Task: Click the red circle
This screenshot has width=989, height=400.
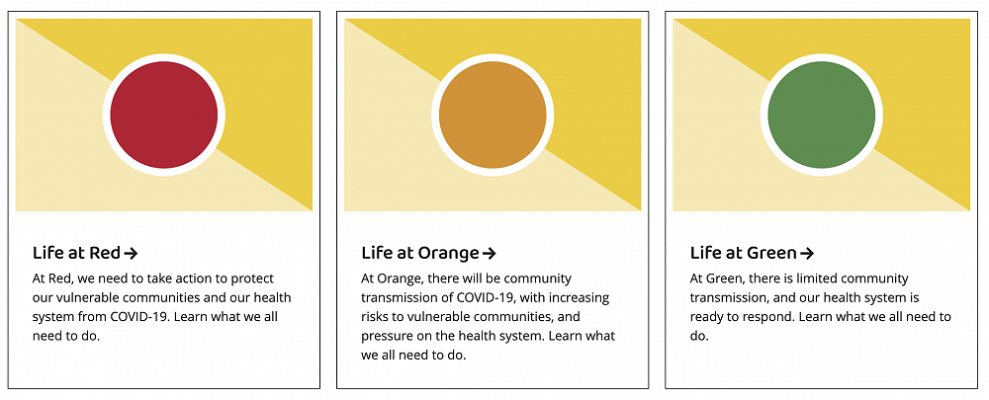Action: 164,115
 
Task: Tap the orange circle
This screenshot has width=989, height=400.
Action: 493,115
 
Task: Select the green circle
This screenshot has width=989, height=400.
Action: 821,115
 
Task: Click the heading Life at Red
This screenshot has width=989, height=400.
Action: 76,253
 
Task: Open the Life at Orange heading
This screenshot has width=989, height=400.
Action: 420,253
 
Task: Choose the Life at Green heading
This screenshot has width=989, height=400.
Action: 744,253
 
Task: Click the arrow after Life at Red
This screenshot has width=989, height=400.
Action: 131,254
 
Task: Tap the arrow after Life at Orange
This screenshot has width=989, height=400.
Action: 489,254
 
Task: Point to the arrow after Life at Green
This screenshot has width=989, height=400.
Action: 807,254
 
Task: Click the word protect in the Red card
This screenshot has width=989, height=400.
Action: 253,279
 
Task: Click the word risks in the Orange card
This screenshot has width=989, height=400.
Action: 375,317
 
